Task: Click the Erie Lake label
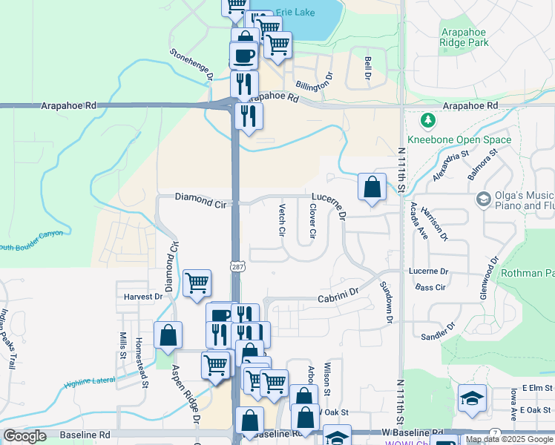[295, 13]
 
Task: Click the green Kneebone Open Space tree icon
[427, 120]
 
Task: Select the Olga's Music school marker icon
[484, 199]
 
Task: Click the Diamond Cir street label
[200, 197]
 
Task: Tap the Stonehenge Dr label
[191, 65]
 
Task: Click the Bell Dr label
[367, 70]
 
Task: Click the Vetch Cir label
[282, 220]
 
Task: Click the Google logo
[24, 436]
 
